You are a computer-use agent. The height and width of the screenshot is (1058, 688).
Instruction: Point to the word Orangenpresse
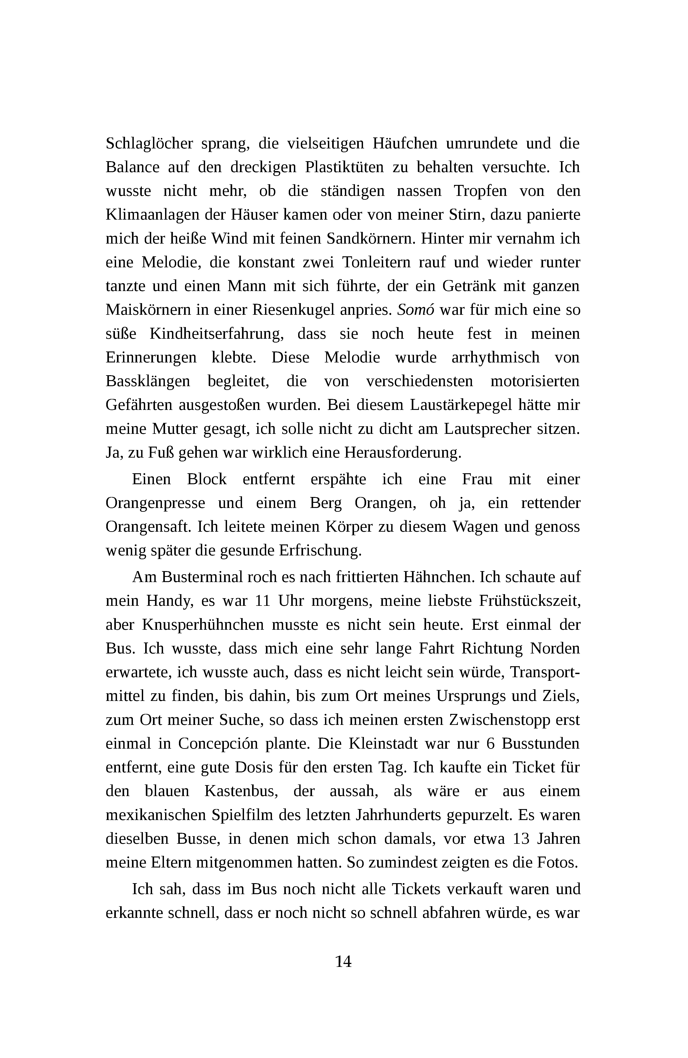tap(155, 503)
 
